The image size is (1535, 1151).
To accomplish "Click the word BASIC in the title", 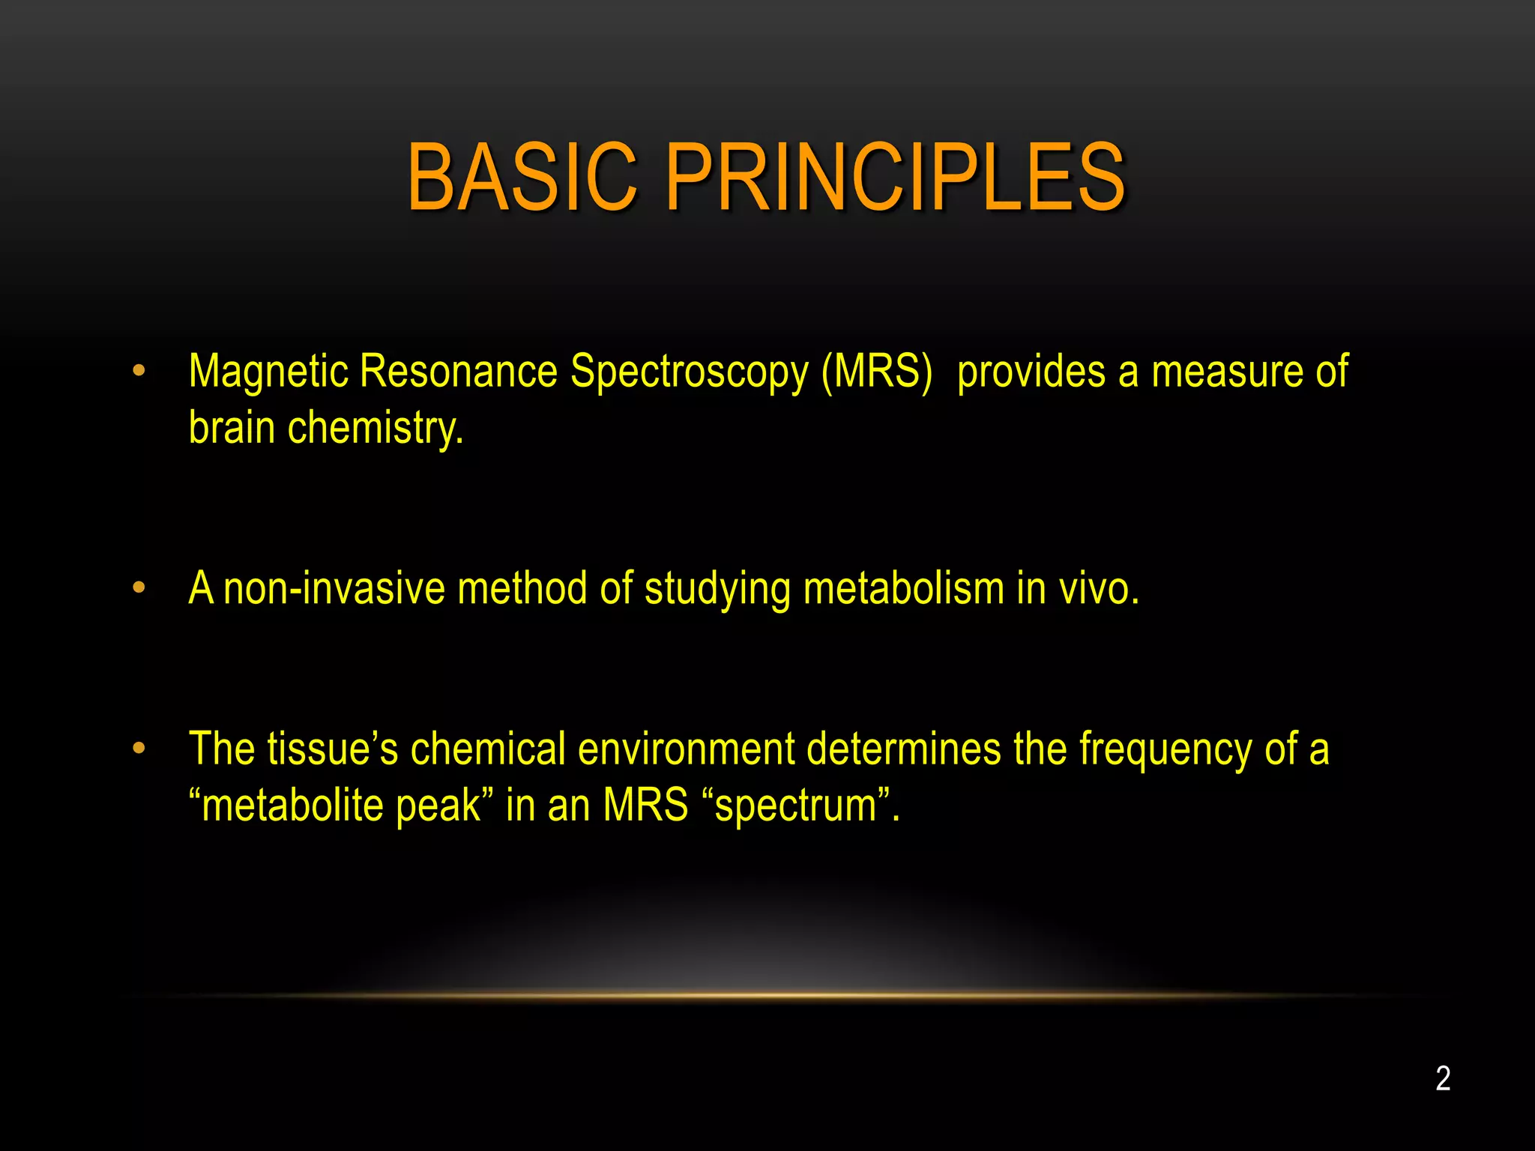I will click(522, 178).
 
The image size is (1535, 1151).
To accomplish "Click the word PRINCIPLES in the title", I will click(895, 178).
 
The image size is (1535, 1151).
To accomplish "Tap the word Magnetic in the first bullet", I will click(268, 372).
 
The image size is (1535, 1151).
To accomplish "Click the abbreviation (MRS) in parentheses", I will click(876, 372).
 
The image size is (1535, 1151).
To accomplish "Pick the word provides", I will click(1031, 372).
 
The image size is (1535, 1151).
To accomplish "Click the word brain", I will click(232, 428).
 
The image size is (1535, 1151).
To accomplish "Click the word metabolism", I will click(903, 589).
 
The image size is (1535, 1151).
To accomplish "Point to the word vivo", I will click(1098, 589).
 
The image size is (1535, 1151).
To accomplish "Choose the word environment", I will click(686, 749).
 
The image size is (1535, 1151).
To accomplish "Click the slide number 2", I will click(1443, 1079).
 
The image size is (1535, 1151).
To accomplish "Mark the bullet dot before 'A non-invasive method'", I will click(139, 588).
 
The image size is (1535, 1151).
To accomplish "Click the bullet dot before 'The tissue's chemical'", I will click(139, 748).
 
